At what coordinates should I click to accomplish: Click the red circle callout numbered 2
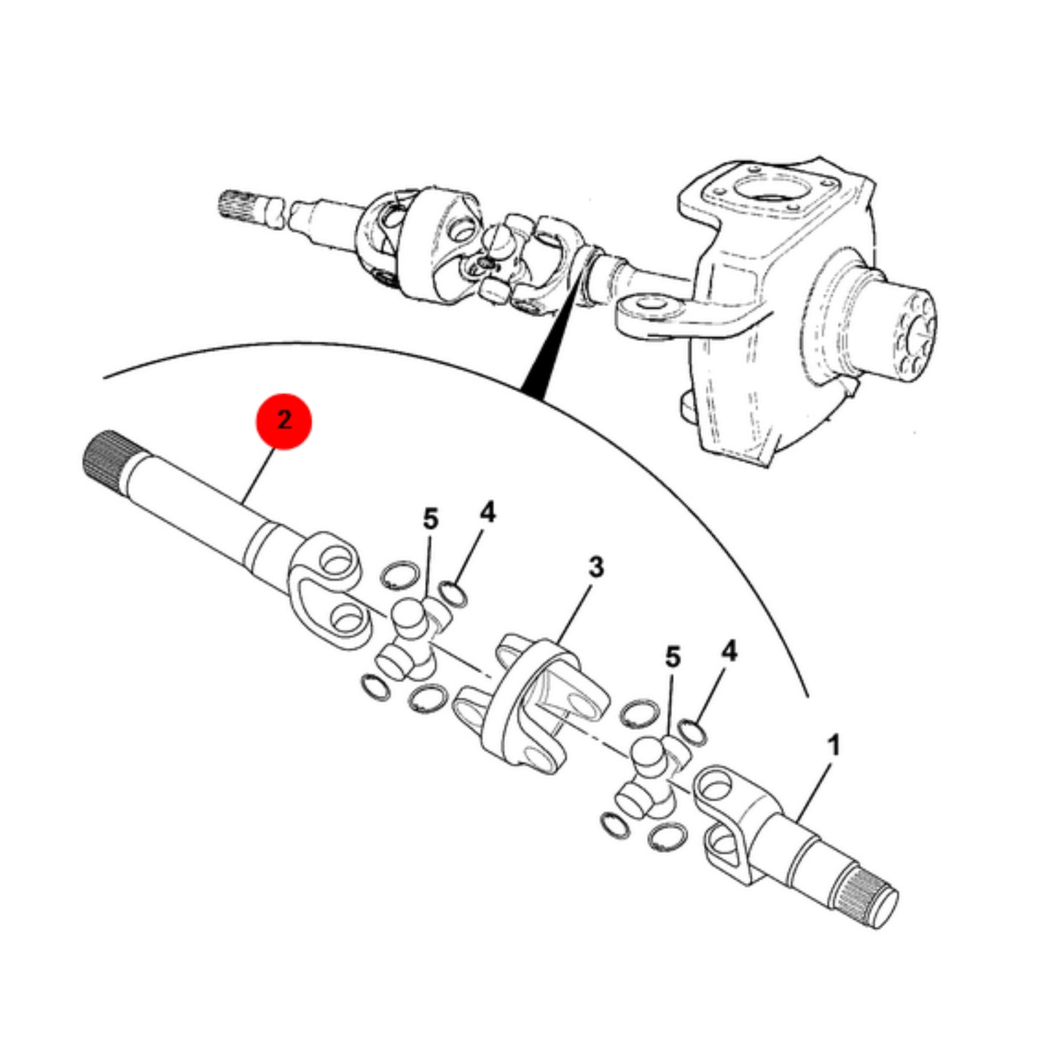pyautogui.click(x=284, y=420)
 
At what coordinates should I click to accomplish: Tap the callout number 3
pyautogui.click(x=596, y=568)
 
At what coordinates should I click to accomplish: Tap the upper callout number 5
pyautogui.click(x=431, y=519)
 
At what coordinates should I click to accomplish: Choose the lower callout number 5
pyautogui.click(x=673, y=657)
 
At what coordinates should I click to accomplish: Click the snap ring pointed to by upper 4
pyautogui.click(x=453, y=593)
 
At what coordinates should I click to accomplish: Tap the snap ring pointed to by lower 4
pyautogui.click(x=692, y=732)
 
